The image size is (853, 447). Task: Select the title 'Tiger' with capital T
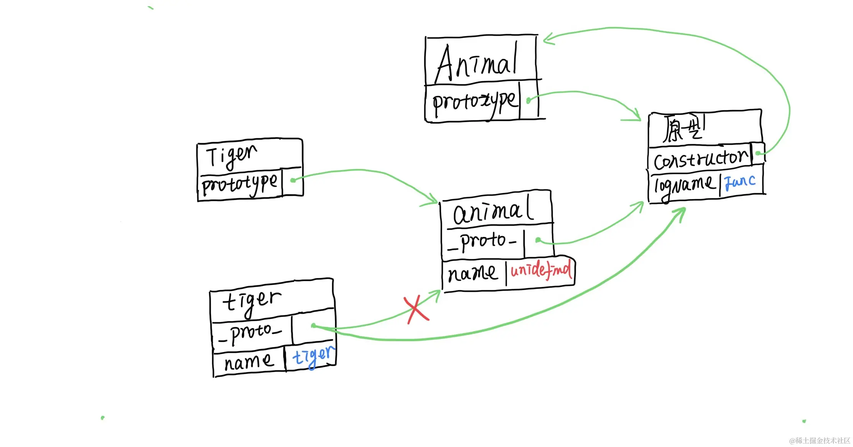pos(231,156)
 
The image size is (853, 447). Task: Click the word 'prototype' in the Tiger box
pos(239,184)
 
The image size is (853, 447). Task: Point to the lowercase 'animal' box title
pos(493,211)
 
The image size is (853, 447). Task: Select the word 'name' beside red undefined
pos(473,273)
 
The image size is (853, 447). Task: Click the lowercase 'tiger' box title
pos(252,301)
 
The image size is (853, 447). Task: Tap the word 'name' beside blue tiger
pos(249,362)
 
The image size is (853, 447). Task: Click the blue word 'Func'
pos(740,182)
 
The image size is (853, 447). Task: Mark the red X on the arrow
pos(416,309)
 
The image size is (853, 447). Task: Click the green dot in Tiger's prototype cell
pos(293,180)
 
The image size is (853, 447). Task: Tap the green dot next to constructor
pos(758,153)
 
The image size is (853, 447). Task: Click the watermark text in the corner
pos(820,440)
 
